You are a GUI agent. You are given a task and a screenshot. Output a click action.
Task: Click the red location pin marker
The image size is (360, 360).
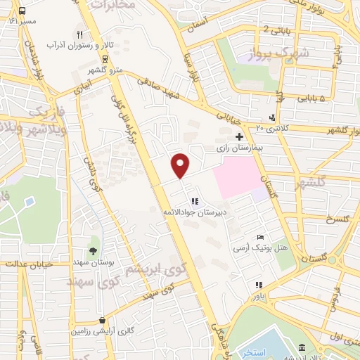point(181,165)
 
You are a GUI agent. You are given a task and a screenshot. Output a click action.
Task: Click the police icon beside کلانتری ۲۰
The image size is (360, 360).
point(272,117)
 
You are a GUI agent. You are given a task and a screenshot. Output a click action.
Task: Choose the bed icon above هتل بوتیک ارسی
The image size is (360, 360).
point(260,237)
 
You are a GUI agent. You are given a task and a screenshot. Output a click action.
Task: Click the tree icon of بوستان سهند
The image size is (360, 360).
point(92,250)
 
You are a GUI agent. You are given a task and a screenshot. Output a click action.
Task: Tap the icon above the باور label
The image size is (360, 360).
point(259,285)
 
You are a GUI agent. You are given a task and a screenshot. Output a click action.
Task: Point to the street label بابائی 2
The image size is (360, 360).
point(275,29)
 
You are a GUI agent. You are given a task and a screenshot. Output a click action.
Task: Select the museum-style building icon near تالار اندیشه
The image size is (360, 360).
point(302,348)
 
